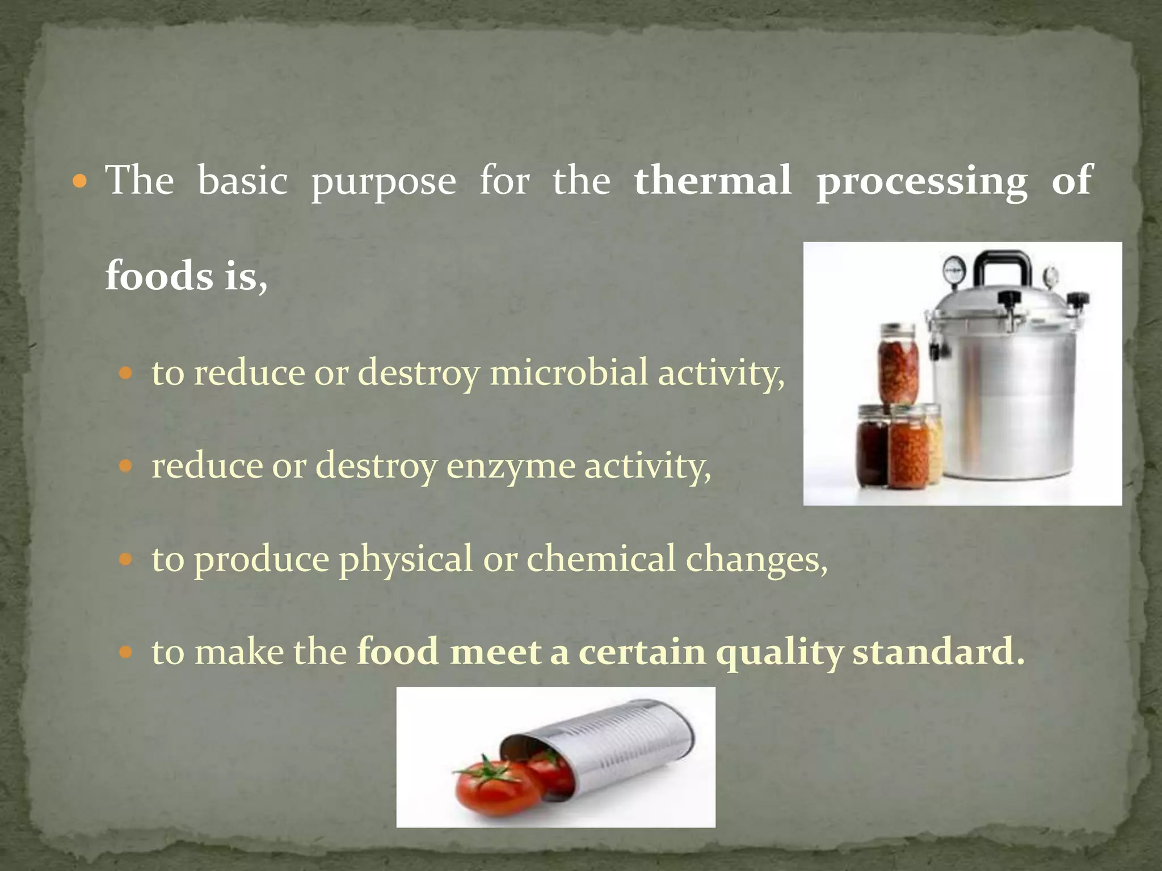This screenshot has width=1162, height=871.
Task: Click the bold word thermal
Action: tap(713, 180)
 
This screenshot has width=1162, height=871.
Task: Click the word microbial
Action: tap(569, 373)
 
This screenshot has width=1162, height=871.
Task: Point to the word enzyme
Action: tap(511, 467)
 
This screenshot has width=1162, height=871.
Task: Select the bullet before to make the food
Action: tap(126, 653)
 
